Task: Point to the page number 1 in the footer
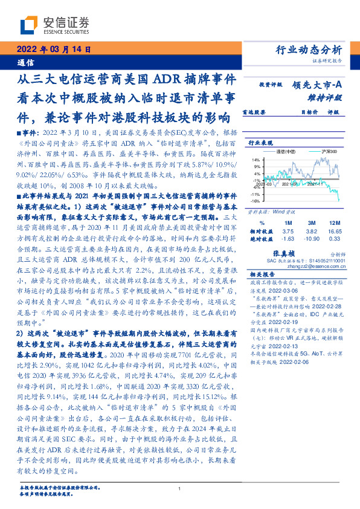[179, 489]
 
